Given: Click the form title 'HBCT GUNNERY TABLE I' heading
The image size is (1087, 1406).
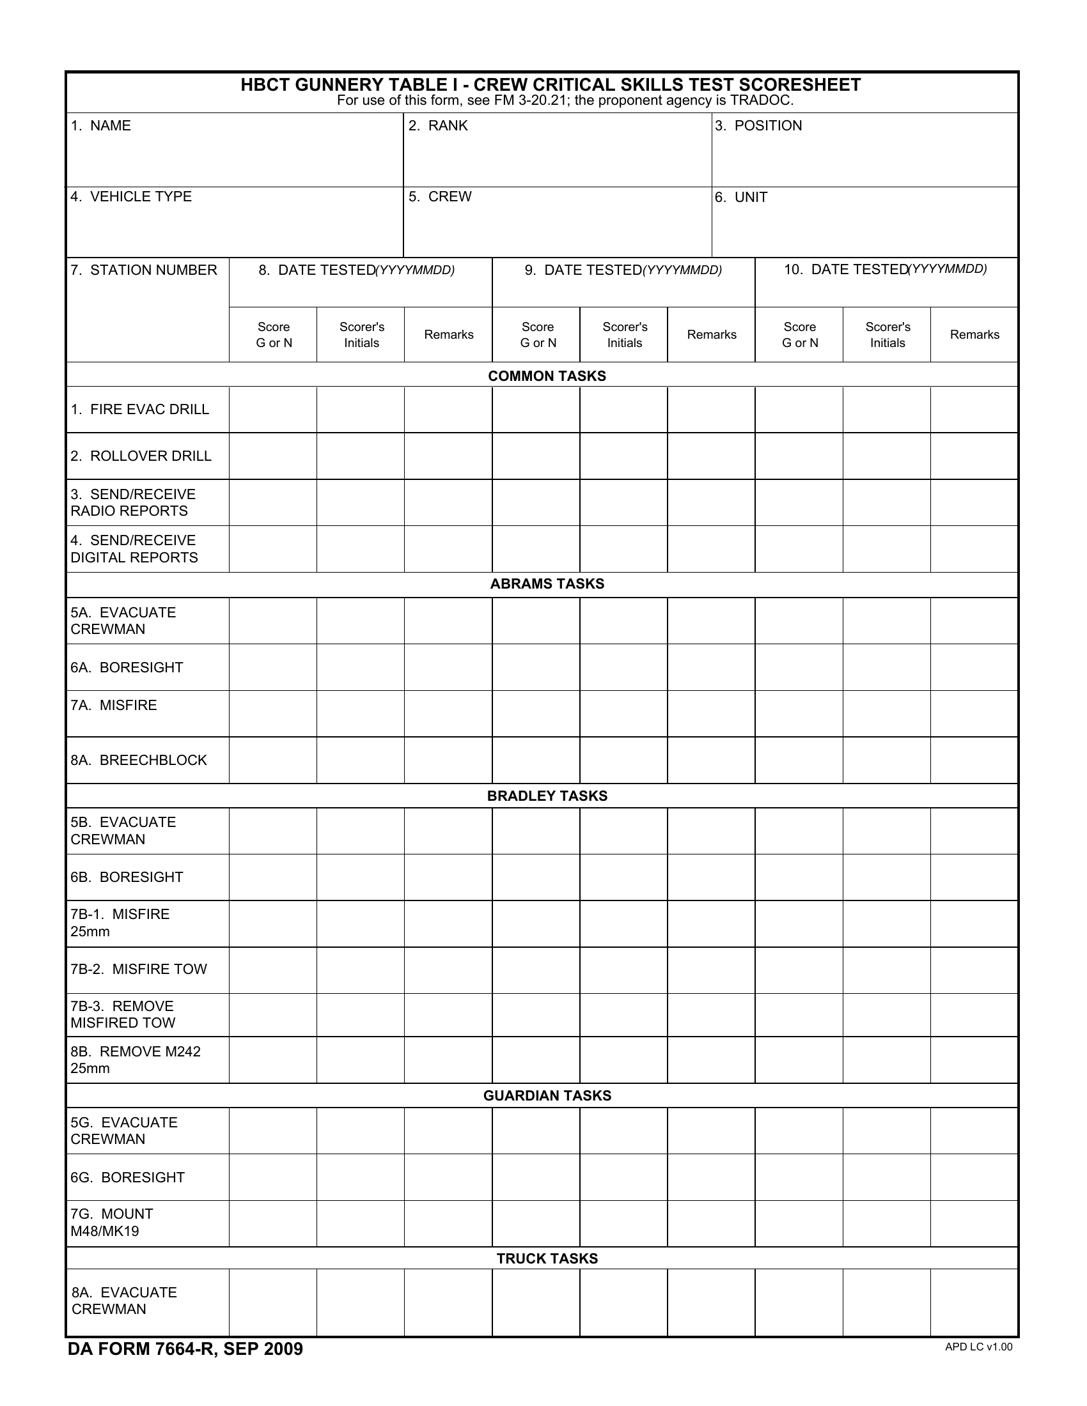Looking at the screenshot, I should pyautogui.click(x=550, y=85).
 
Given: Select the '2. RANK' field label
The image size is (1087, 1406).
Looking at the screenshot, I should pyautogui.click(x=438, y=125).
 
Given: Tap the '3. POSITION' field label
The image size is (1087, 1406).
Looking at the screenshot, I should pyautogui.click(x=758, y=125).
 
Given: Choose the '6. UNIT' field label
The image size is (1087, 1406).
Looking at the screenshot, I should pyautogui.click(x=740, y=197).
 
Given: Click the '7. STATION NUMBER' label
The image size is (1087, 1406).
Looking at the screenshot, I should pyautogui.click(x=144, y=270).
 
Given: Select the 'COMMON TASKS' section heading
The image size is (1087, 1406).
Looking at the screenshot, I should pyautogui.click(x=547, y=376).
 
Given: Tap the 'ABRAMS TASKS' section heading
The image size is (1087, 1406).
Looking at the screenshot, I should pyautogui.click(x=547, y=584).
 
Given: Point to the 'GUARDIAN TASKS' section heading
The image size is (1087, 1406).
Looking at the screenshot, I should pyautogui.click(x=547, y=1095).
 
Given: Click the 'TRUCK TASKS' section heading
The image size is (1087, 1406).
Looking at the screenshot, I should pyautogui.click(x=547, y=1258).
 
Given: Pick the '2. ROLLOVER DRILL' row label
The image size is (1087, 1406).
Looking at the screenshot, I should pyautogui.click(x=141, y=456).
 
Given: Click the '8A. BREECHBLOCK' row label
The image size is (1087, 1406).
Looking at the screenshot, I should pyautogui.click(x=139, y=761).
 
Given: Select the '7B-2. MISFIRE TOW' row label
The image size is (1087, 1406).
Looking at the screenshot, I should pyautogui.click(x=139, y=970).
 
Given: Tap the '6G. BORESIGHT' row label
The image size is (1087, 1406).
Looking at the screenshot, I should pyautogui.click(x=127, y=1177).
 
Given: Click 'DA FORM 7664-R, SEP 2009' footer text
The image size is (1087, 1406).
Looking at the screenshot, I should pyautogui.click(x=185, y=1349).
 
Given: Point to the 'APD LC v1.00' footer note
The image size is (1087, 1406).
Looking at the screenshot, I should pyautogui.click(x=978, y=1347).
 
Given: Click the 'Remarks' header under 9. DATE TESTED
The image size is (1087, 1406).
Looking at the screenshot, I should pyautogui.click(x=711, y=335).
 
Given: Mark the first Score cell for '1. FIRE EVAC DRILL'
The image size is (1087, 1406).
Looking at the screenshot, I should pyautogui.click(x=273, y=410).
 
